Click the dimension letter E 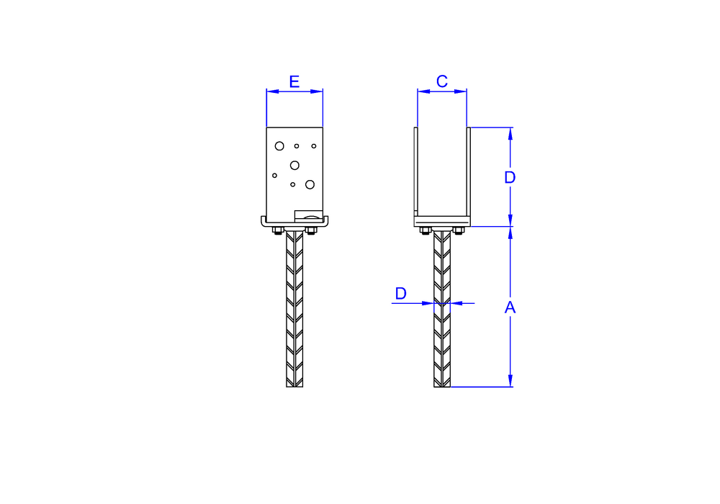tap(294, 81)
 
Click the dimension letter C tap(442, 81)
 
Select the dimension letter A tap(510, 307)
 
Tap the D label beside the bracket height tap(510, 177)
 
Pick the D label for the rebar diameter tap(401, 293)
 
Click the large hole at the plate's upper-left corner tap(279, 146)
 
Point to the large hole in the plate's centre tap(294, 166)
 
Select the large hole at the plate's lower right tap(310, 184)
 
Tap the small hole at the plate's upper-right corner tap(314, 146)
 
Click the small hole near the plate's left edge tap(274, 176)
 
